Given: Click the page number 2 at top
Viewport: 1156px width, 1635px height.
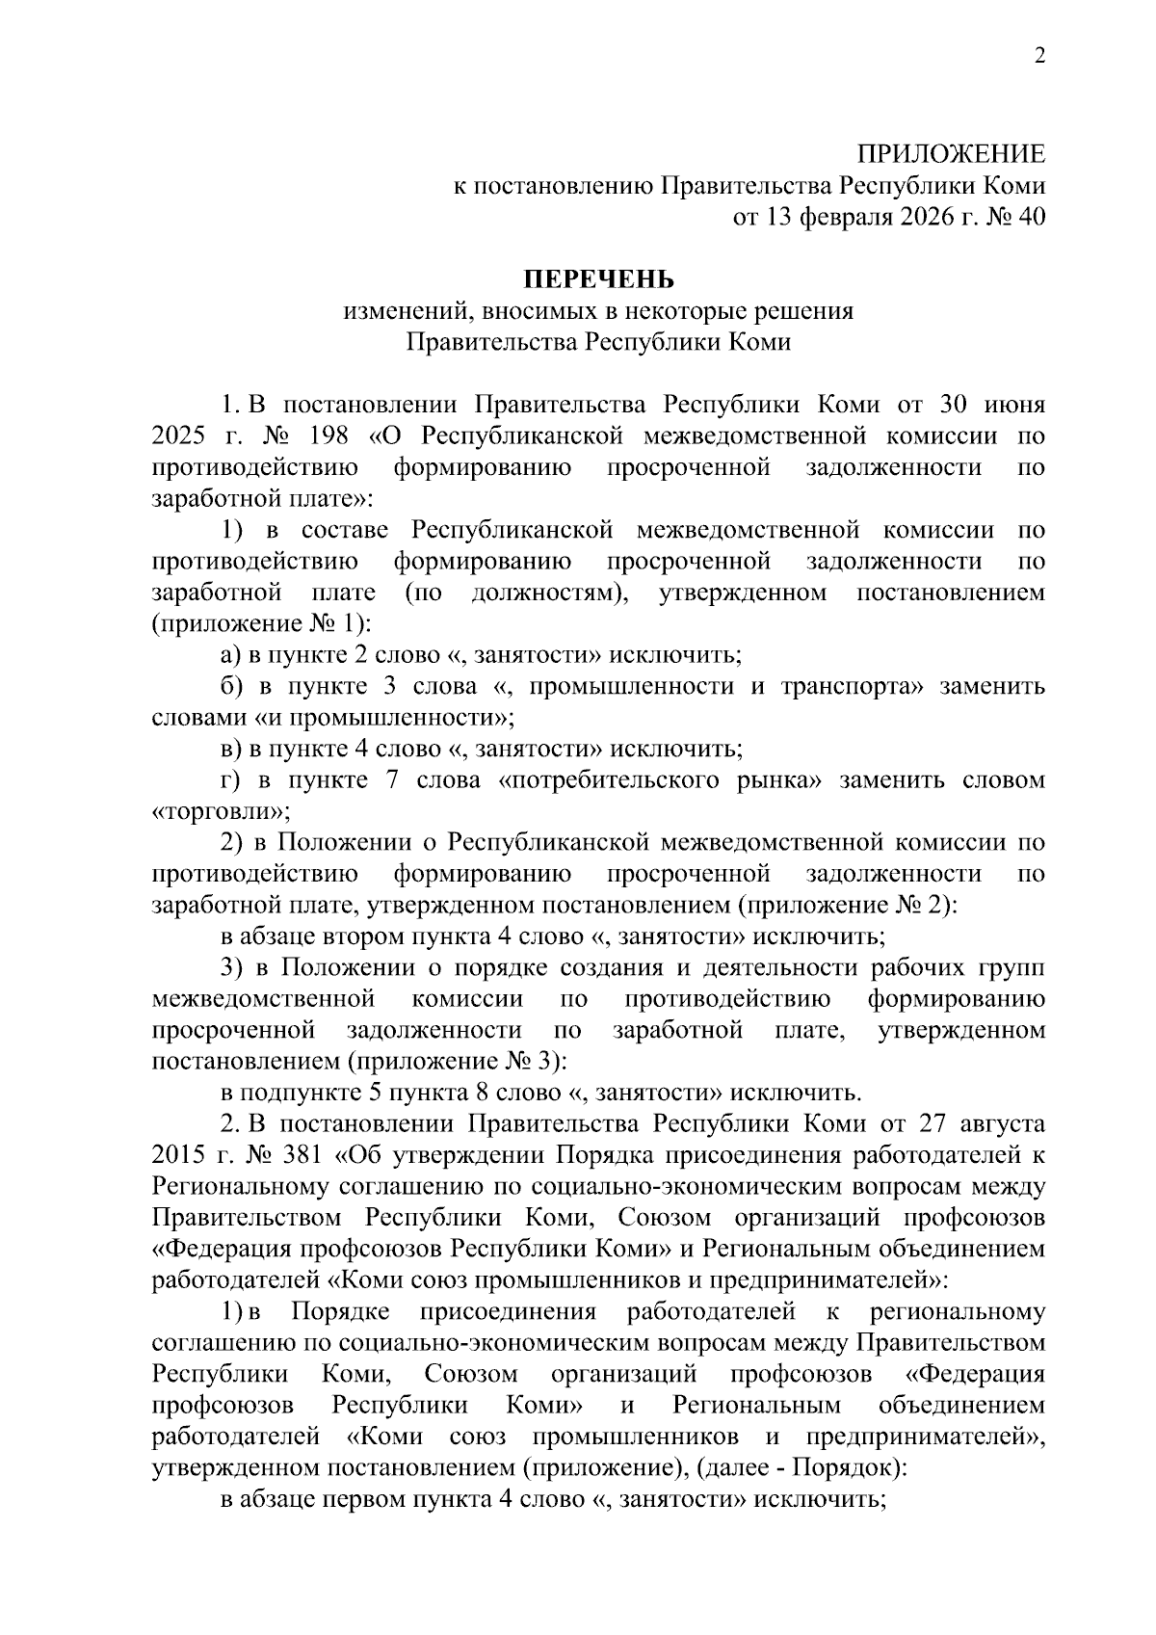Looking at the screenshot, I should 1038,57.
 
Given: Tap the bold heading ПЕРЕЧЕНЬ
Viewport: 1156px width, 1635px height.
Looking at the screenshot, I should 598,279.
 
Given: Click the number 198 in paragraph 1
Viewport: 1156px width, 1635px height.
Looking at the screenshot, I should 329,435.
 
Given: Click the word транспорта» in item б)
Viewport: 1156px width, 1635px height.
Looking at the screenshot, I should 853,686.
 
